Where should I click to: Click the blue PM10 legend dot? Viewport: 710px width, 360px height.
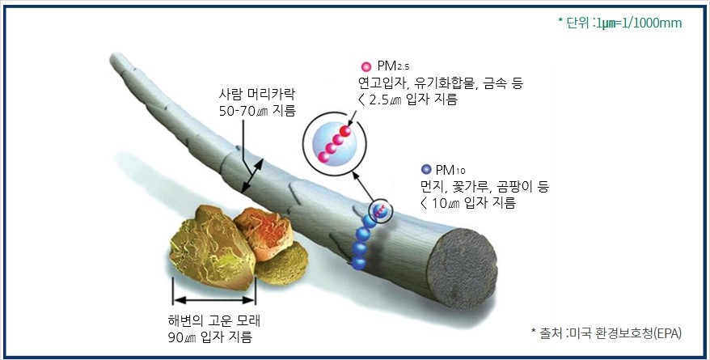tap(426, 170)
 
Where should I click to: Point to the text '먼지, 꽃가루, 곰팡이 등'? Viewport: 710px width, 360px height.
tap(485, 187)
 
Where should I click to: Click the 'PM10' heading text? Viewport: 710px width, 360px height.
tap(451, 170)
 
